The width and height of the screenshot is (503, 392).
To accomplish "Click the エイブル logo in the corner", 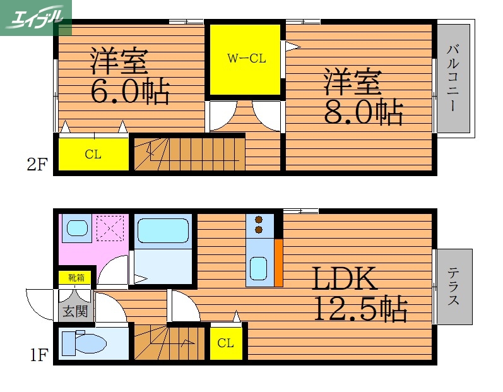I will tap(36, 17).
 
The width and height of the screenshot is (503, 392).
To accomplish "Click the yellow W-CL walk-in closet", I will tap(246, 59).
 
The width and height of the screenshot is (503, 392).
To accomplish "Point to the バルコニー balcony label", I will tap(453, 78).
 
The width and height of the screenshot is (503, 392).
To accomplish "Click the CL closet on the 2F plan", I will tap(93, 154).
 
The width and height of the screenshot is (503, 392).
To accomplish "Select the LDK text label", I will tap(342, 278).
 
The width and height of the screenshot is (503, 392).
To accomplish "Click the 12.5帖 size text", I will tap(360, 309).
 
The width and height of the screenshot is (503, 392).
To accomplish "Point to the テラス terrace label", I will tap(453, 287).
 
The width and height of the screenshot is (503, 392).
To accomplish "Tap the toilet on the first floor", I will tap(86, 343).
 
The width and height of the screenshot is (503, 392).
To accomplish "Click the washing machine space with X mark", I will tap(110, 229).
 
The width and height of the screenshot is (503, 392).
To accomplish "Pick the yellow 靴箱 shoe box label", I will tap(74, 277).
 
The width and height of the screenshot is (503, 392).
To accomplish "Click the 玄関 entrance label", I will tap(74, 310).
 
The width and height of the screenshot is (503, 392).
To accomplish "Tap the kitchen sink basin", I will tap(258, 269).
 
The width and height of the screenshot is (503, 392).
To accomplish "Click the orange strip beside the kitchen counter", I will tap(278, 262).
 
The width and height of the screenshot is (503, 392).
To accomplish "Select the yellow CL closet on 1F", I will tap(225, 343).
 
